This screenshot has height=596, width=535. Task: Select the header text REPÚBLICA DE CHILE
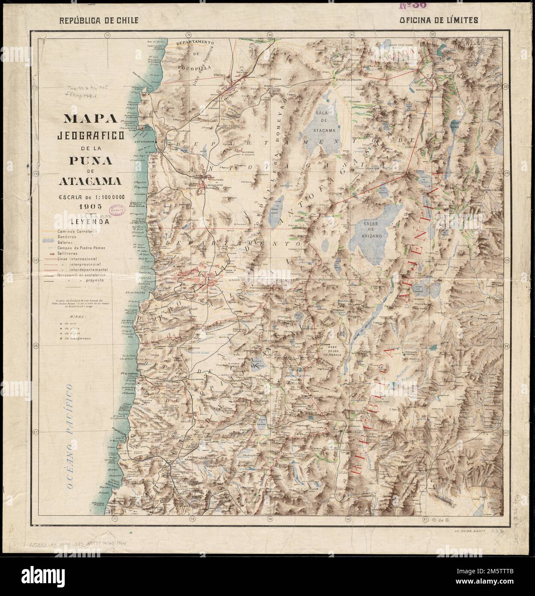point(95,20)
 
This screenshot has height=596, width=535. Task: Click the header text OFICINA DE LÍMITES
point(439,20)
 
